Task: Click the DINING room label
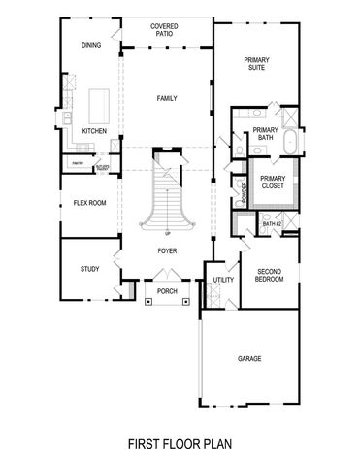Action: click(91, 44)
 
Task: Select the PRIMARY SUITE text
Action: click(257, 64)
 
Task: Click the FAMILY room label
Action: click(168, 98)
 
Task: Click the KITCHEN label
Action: click(94, 130)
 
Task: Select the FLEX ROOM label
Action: click(89, 204)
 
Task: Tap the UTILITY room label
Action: click(222, 280)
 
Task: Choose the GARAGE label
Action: click(249, 358)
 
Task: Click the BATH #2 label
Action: click(271, 224)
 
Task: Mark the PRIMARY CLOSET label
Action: click(272, 182)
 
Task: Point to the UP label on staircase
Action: click(168, 233)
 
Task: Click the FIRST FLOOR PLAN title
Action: click(180, 443)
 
